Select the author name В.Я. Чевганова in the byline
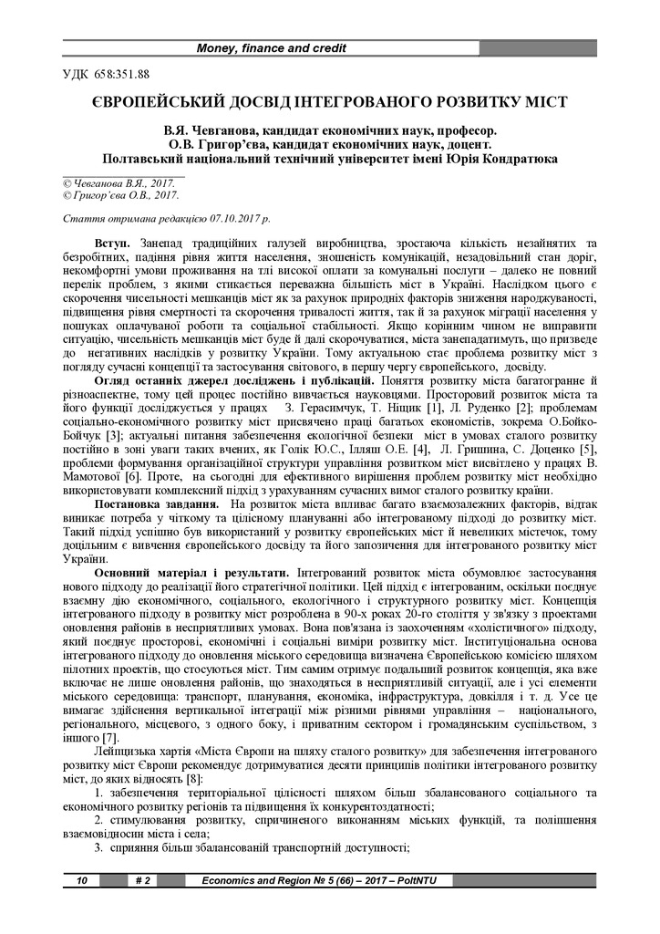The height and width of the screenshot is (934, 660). pyautogui.click(x=211, y=130)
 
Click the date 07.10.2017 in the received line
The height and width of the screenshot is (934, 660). pyautogui.click(x=222, y=220)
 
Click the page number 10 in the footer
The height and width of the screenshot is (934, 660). pyautogui.click(x=81, y=880)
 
